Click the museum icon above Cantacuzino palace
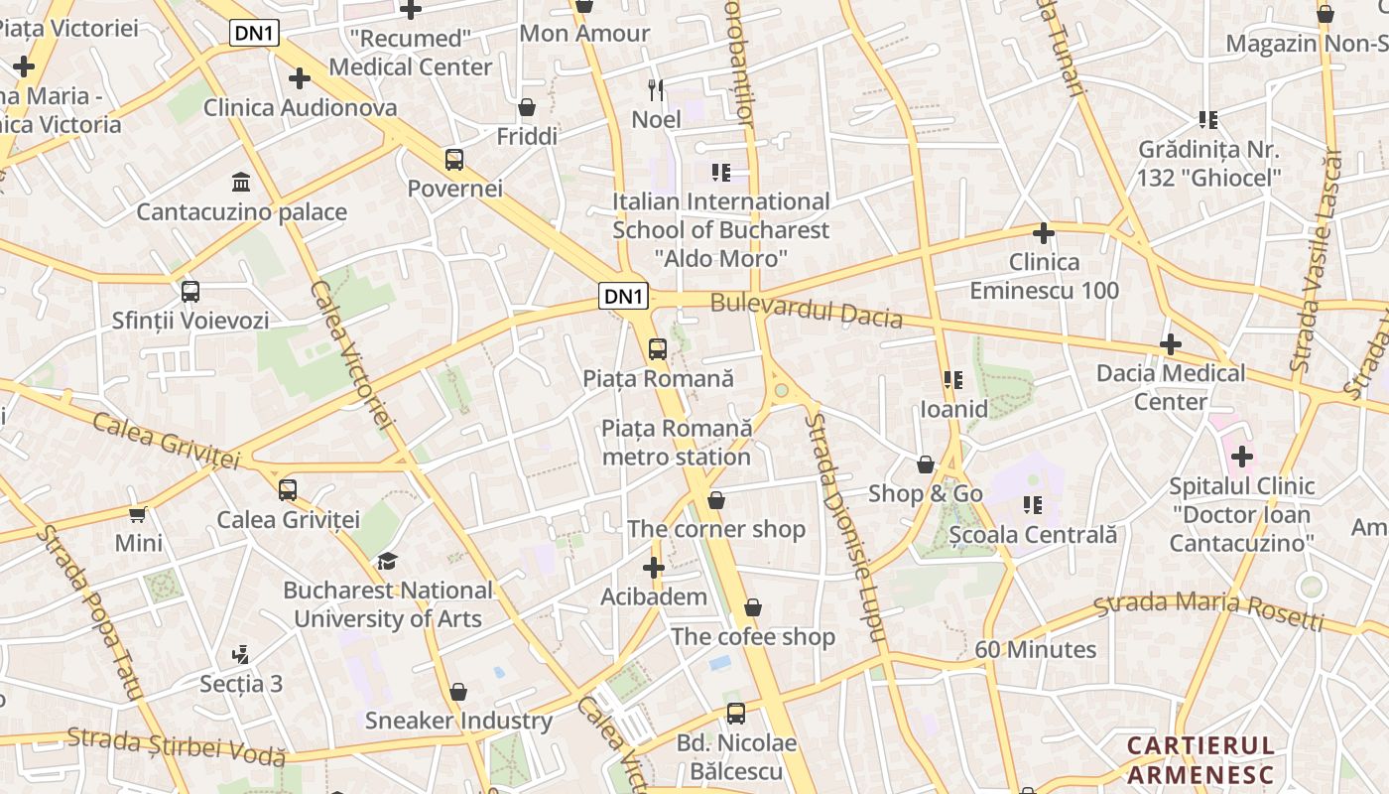point(240,182)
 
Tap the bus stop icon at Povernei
point(453,159)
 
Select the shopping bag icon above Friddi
point(527,106)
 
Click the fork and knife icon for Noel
point(656,90)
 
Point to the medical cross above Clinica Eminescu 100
point(1043,233)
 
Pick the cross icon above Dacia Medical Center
point(1171,344)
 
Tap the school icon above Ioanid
point(953,379)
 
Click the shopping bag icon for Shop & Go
point(926,464)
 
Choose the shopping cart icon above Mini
point(138,513)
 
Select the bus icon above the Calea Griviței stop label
point(288,489)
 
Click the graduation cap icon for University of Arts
point(387,561)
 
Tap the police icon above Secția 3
point(240,654)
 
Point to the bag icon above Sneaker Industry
point(458,691)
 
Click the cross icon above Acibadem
point(653,568)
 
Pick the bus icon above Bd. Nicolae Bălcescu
point(736,713)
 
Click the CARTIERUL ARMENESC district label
point(1200,759)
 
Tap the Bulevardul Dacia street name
point(806,311)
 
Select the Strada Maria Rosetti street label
point(1209,609)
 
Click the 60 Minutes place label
point(1035,649)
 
